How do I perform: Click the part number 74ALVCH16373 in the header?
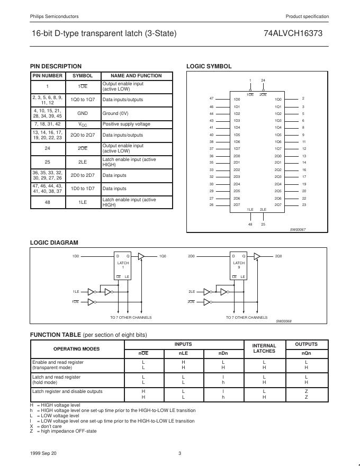point(293,33)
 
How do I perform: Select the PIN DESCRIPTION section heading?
point(56,66)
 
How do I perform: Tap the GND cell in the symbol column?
point(83,113)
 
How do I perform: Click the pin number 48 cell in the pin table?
point(47,202)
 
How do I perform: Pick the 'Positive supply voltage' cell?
point(126,124)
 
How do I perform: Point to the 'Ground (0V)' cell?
point(115,113)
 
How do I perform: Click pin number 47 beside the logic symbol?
point(211,99)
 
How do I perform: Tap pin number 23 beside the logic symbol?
point(304,205)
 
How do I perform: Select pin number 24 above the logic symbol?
point(263,80)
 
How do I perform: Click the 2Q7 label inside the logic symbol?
point(278,205)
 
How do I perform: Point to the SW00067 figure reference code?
point(298,229)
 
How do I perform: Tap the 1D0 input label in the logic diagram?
point(76,256)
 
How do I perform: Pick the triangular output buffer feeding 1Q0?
point(141,256)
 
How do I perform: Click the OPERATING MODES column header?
point(77,348)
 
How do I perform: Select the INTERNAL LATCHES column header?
point(264,348)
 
